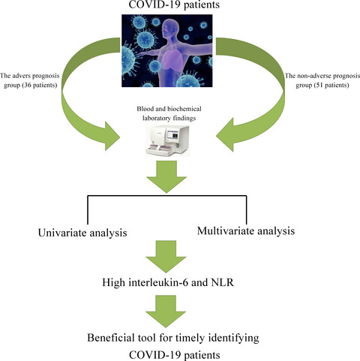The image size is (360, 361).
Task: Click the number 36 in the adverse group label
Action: (x=28, y=86)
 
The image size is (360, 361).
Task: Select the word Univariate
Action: (x=62, y=233)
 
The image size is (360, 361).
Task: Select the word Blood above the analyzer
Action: (x=144, y=109)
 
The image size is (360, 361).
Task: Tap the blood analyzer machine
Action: (x=167, y=141)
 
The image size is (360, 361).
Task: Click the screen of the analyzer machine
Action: (x=173, y=134)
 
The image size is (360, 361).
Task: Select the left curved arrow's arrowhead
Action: (x=112, y=136)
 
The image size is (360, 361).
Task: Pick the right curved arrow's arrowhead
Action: (x=224, y=135)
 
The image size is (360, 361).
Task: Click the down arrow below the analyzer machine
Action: (x=166, y=176)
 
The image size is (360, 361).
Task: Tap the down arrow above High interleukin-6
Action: (x=166, y=257)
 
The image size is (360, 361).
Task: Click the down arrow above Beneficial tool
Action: (x=166, y=311)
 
